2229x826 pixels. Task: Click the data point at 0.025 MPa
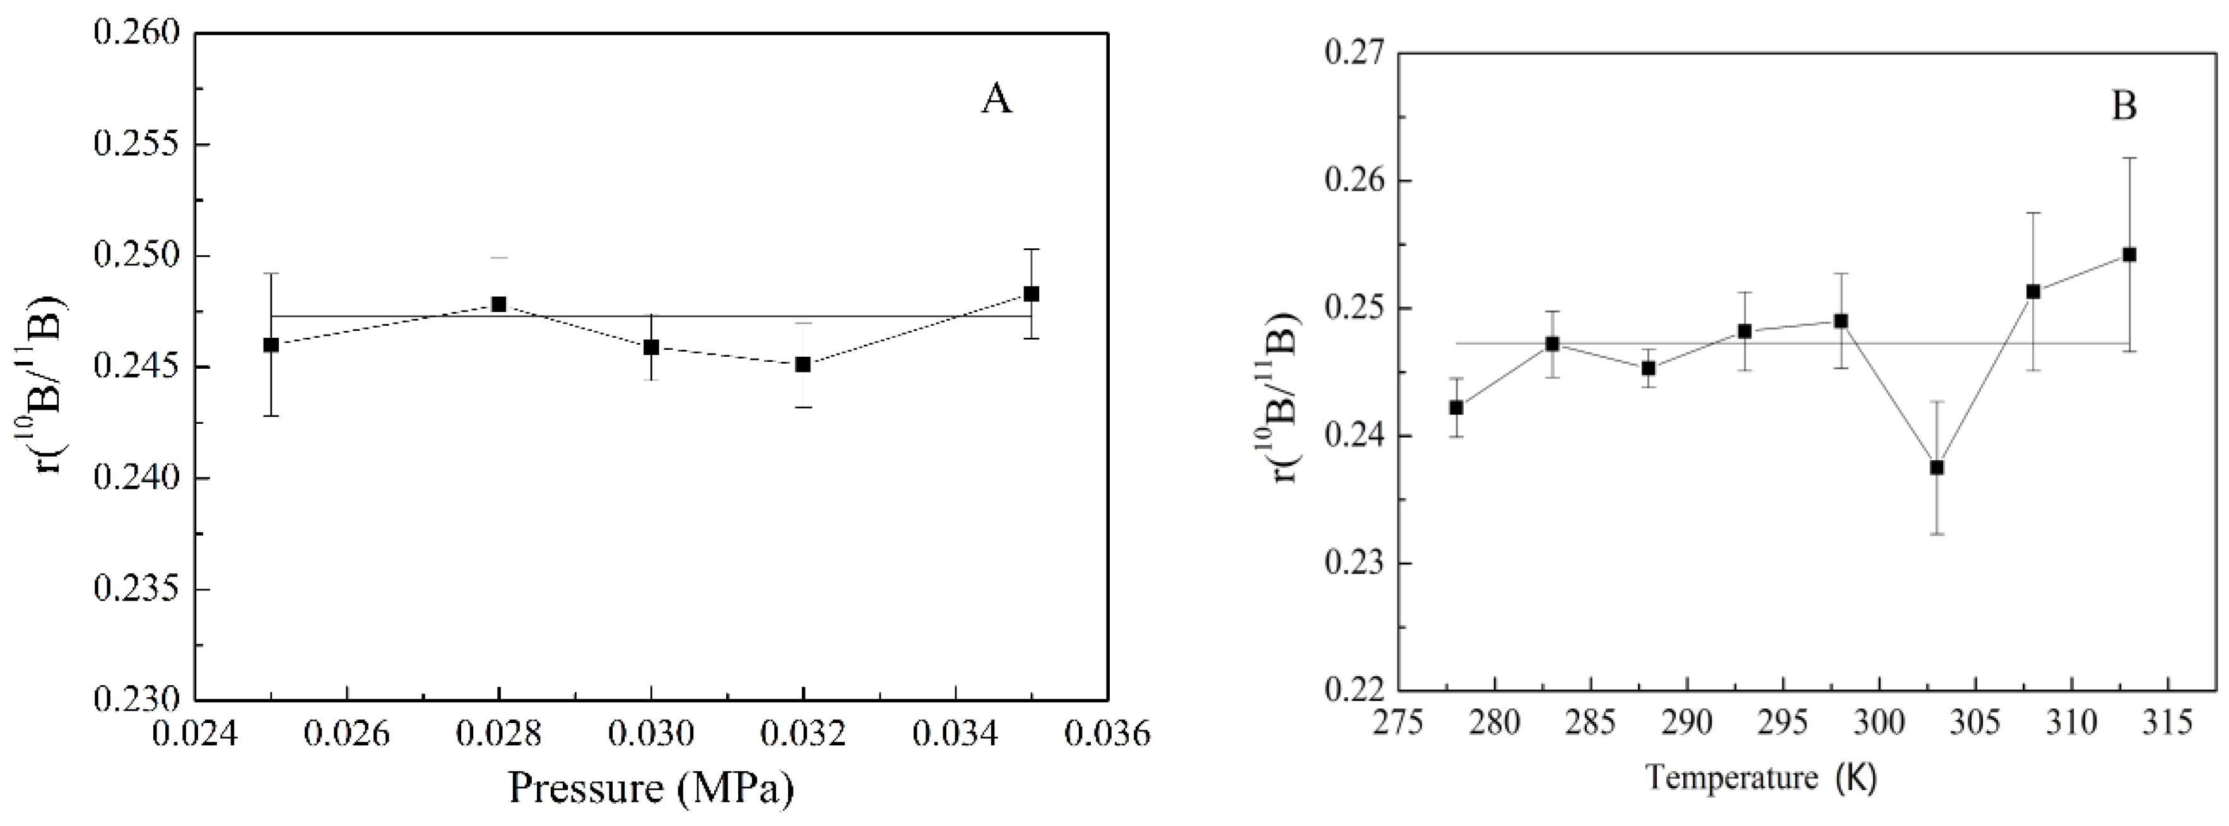271,345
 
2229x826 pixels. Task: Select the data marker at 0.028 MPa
498,304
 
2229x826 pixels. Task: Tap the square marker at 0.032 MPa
803,364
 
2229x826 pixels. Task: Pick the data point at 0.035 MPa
1032,294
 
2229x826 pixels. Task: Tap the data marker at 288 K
1649,368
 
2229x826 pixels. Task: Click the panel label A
996,100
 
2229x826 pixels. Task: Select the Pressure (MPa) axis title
650,788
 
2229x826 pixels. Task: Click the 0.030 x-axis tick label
650,734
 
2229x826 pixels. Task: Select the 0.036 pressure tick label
1109,734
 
